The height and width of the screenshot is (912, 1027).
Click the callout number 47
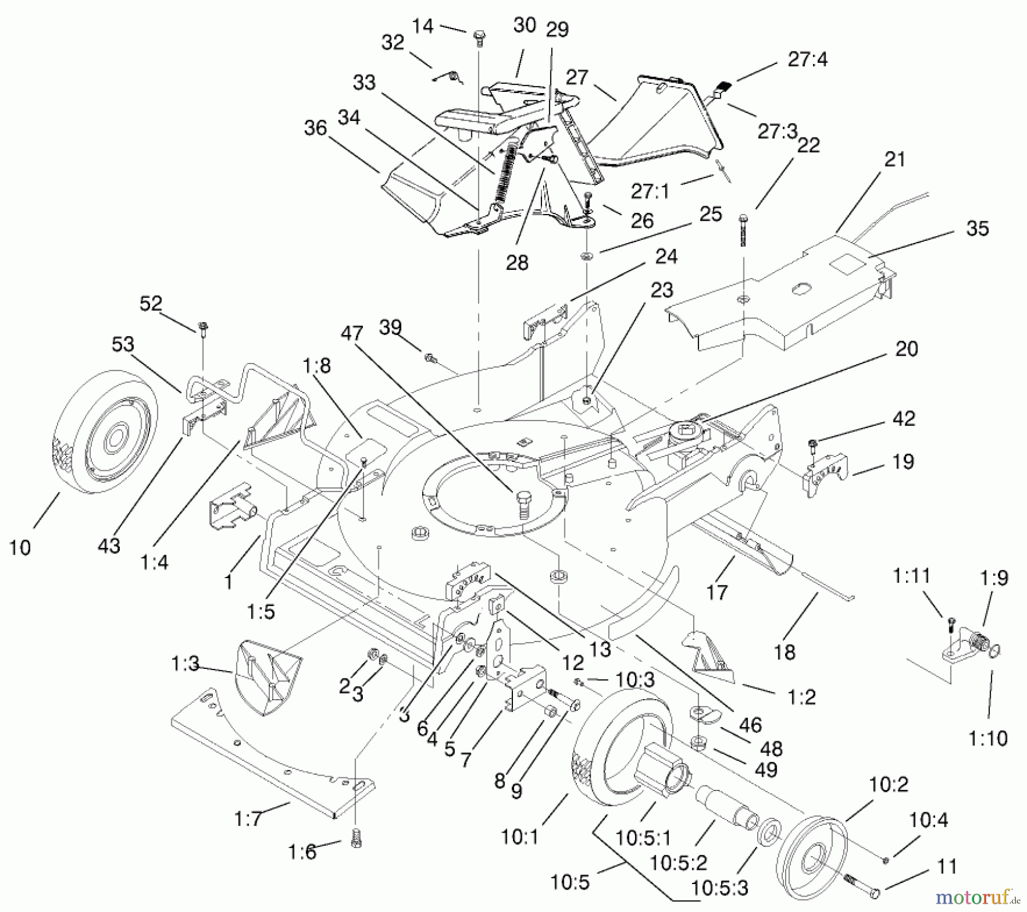(351, 333)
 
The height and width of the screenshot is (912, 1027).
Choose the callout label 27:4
(807, 59)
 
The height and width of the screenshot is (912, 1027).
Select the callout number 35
(977, 228)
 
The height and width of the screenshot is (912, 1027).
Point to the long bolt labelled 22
(743, 230)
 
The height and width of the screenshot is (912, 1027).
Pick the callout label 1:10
(988, 739)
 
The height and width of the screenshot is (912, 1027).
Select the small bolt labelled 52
(203, 328)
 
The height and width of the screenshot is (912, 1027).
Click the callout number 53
(123, 344)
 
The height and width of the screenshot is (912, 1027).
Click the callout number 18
(785, 652)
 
